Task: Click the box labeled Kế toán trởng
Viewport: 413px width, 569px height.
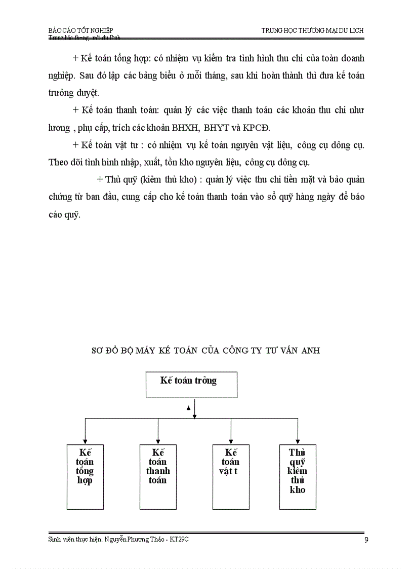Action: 191,385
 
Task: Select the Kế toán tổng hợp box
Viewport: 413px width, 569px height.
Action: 85,476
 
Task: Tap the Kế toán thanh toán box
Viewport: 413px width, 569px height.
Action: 158,476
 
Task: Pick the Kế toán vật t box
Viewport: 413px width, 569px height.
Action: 231,476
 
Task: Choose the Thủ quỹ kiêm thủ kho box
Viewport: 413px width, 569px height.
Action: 298,476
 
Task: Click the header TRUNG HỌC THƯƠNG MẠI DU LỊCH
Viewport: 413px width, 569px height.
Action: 312,30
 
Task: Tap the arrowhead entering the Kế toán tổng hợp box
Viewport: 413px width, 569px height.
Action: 85,442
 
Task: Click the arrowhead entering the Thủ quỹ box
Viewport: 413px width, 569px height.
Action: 298,442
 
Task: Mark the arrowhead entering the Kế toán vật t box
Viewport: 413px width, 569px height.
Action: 231,442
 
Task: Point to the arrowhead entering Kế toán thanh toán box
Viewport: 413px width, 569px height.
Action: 158,442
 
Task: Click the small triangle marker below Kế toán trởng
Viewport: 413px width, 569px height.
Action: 188,407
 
